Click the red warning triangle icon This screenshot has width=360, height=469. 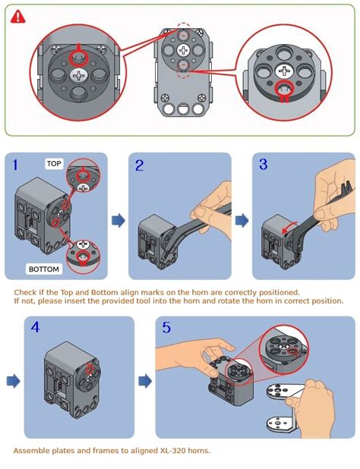[17, 16]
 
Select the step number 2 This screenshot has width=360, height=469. [140, 165]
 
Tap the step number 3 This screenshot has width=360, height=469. [264, 165]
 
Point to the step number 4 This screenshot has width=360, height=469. [36, 328]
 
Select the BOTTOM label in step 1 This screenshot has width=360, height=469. [44, 269]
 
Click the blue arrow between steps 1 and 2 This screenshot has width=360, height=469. [118, 220]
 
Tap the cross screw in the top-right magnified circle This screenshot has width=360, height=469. [284, 71]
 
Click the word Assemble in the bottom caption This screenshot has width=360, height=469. [31, 451]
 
